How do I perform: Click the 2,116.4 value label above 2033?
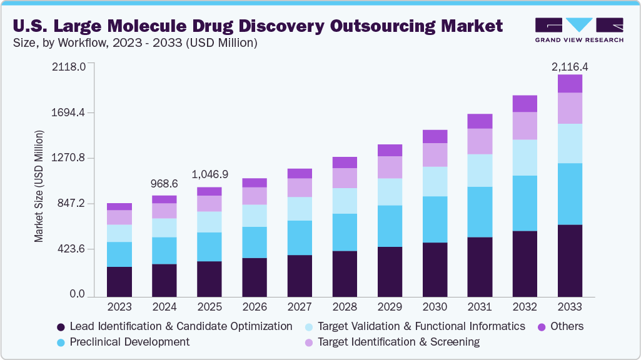coord(570,66)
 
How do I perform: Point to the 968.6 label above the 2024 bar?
coord(164,184)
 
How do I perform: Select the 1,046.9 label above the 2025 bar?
coord(209,175)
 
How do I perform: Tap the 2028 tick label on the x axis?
coord(345,307)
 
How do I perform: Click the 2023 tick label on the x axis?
coord(119,307)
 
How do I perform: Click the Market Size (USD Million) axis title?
coord(39,186)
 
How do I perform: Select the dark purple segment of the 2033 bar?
coord(570,260)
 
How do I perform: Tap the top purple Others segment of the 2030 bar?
coord(435,136)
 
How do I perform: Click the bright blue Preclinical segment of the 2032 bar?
coord(525,203)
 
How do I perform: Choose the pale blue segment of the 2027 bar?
coord(300,209)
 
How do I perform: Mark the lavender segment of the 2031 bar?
coord(480,141)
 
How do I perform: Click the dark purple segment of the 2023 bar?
coord(119,281)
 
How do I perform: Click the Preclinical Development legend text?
coord(129,342)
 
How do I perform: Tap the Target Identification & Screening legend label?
coord(398,342)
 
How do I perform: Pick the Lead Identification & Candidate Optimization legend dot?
coord(61,327)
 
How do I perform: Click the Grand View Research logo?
coord(579,30)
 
